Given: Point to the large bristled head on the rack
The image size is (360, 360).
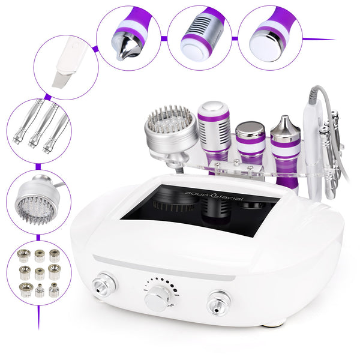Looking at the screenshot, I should tap(170, 129).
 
